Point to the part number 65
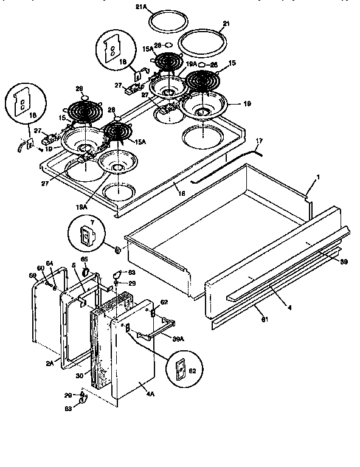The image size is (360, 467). pos(85,259)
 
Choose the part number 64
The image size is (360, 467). pos(50,263)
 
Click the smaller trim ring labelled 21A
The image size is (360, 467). pos(161,26)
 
